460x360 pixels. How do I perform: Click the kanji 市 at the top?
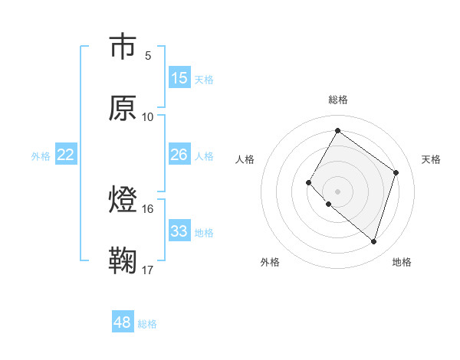[x=123, y=47]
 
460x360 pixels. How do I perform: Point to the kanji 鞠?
[x=123, y=262]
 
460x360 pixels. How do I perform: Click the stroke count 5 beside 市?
[x=148, y=55]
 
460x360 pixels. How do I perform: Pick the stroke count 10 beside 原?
[x=148, y=116]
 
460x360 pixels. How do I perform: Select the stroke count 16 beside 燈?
[x=148, y=208]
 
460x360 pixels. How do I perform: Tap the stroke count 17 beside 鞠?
[x=148, y=270]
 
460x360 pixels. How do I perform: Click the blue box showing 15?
[x=179, y=78]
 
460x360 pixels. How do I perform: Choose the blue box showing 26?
[x=179, y=155]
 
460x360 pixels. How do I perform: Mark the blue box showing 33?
[x=179, y=231]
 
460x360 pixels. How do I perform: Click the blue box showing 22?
[x=66, y=155]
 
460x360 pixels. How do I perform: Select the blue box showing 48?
[x=123, y=322]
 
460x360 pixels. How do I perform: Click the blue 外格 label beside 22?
[x=41, y=156]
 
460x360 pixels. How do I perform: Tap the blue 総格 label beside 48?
[x=147, y=324]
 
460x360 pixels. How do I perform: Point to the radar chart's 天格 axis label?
[x=431, y=159]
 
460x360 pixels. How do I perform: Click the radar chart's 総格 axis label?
[x=337, y=100]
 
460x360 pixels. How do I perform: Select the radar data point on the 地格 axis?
[x=373, y=241]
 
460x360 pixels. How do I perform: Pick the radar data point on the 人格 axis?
[x=309, y=182]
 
